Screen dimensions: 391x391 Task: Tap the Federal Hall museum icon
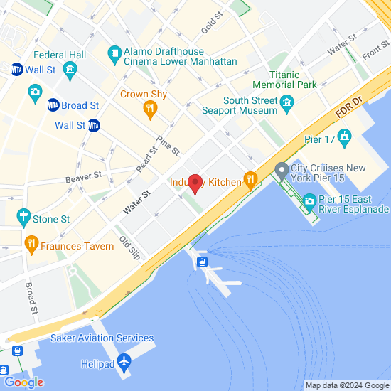click(70, 69)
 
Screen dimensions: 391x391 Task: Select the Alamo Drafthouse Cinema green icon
click(113, 53)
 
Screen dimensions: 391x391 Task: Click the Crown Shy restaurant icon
click(149, 108)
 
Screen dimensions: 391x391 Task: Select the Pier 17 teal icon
click(345, 135)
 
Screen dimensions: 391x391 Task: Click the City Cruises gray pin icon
click(282, 170)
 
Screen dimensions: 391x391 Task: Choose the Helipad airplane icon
click(125, 363)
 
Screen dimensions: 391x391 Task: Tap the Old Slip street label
click(130, 247)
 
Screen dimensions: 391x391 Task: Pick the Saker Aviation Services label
click(102, 338)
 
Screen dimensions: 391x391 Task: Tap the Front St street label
click(375, 50)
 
